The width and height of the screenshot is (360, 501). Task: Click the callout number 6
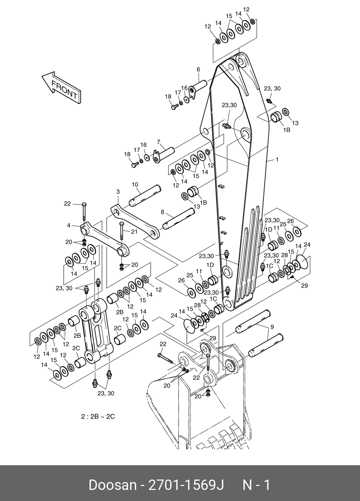[x=198, y=70]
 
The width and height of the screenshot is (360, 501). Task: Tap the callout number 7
[x=159, y=142]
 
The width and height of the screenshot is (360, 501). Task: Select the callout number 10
[x=135, y=185]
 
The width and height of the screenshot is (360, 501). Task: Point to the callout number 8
[x=162, y=212]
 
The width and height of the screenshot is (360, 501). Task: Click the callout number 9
[x=272, y=327]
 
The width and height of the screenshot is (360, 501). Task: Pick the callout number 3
[x=118, y=192]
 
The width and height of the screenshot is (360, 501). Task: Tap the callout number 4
[x=69, y=225]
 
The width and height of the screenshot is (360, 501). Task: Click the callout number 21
[x=134, y=231]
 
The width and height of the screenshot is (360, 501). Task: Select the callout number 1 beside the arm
[x=277, y=159]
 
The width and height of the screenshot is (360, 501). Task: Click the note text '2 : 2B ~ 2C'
[x=98, y=417]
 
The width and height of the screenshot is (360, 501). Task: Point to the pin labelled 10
[x=145, y=195]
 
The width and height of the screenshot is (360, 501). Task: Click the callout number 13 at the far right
[x=295, y=123]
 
